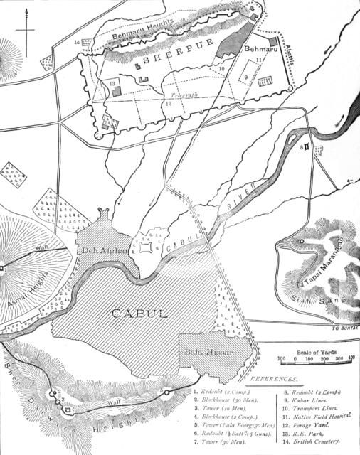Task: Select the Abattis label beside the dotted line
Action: [290, 56]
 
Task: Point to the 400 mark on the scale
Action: [351, 359]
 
